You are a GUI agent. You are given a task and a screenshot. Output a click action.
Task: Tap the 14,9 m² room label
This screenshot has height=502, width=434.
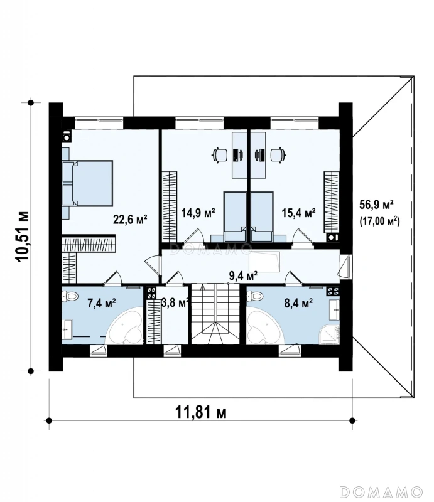[x=198, y=213]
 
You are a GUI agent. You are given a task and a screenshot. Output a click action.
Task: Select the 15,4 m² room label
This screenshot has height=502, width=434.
[x=298, y=213]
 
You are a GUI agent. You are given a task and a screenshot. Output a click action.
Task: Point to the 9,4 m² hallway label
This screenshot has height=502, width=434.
[x=244, y=275]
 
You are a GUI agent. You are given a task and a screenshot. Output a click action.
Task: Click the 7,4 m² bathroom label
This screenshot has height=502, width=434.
[x=102, y=302]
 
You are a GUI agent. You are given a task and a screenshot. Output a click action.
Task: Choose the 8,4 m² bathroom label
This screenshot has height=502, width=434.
[x=299, y=302]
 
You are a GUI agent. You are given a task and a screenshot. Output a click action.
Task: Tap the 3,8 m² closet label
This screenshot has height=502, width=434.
[x=175, y=302]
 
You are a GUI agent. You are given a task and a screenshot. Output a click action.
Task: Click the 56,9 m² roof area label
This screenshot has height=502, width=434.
[x=376, y=205]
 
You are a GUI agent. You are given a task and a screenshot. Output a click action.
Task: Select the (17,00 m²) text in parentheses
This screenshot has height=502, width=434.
[x=379, y=222]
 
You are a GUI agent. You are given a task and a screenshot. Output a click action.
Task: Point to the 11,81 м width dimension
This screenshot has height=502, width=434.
[x=200, y=412]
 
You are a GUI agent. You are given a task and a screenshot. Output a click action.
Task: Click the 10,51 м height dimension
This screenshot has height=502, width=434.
[x=23, y=237]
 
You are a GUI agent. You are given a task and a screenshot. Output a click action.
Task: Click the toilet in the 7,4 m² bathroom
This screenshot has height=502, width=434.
[x=70, y=296]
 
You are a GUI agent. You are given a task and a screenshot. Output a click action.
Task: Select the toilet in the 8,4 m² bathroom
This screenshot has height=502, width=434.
[x=256, y=295]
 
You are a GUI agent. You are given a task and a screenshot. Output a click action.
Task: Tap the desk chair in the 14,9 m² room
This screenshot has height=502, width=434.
[x=220, y=155]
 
